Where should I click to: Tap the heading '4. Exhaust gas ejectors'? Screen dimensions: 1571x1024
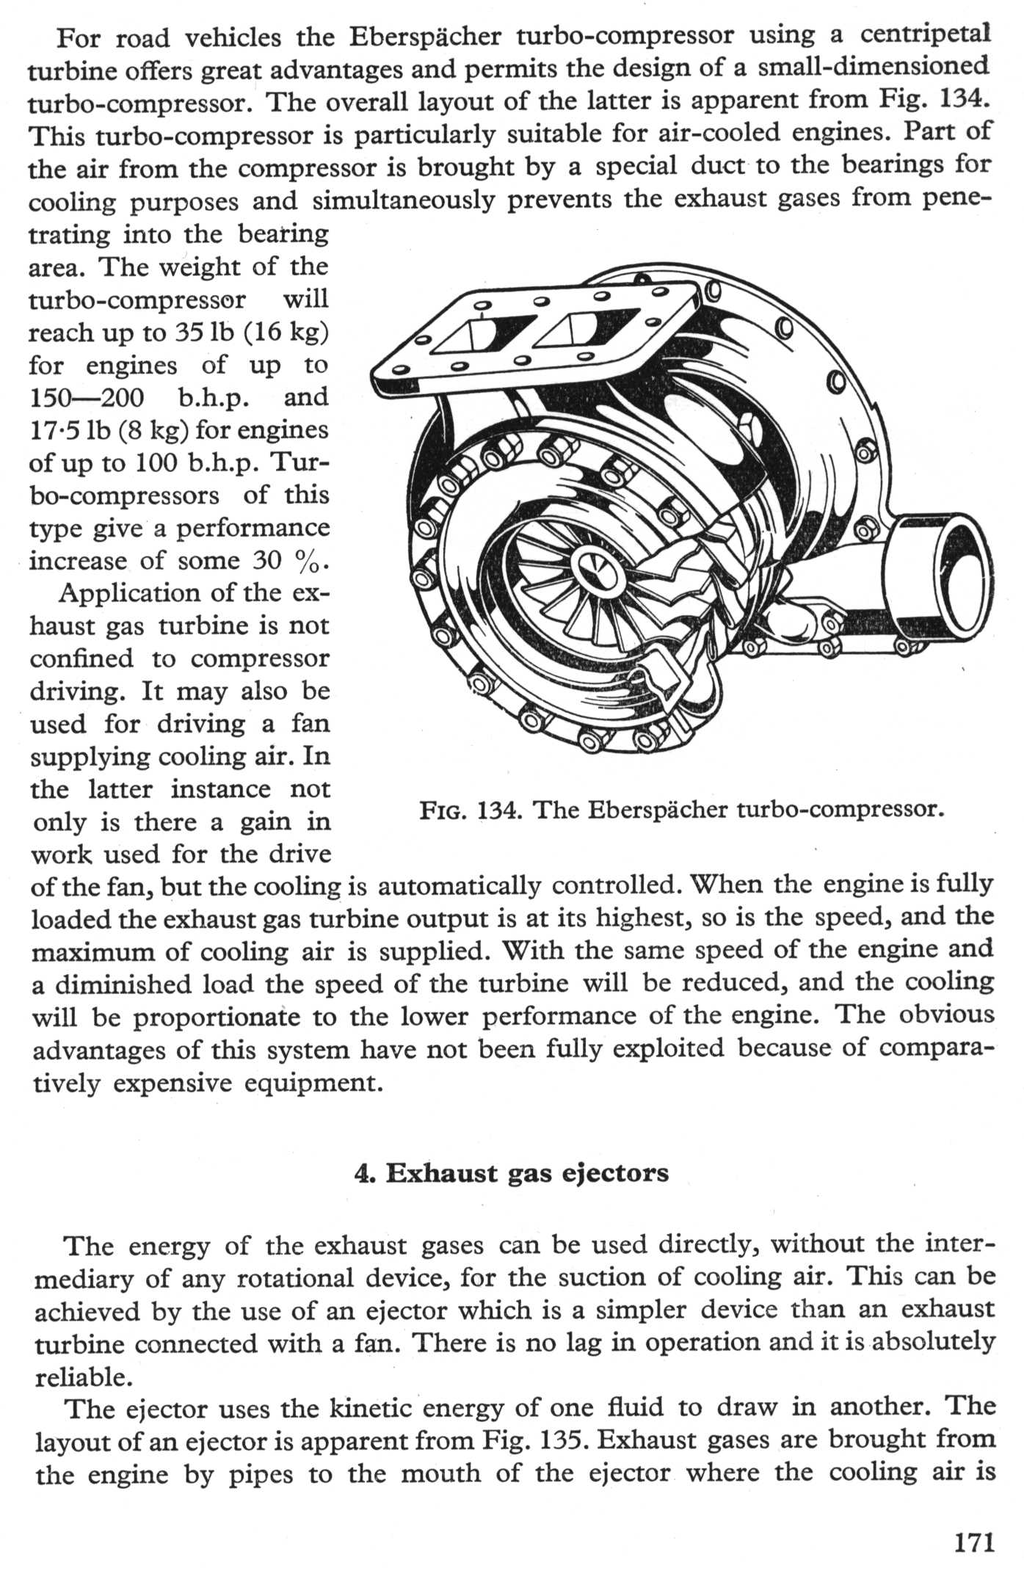(512, 1173)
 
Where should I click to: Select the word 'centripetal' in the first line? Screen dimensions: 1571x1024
(925, 35)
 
